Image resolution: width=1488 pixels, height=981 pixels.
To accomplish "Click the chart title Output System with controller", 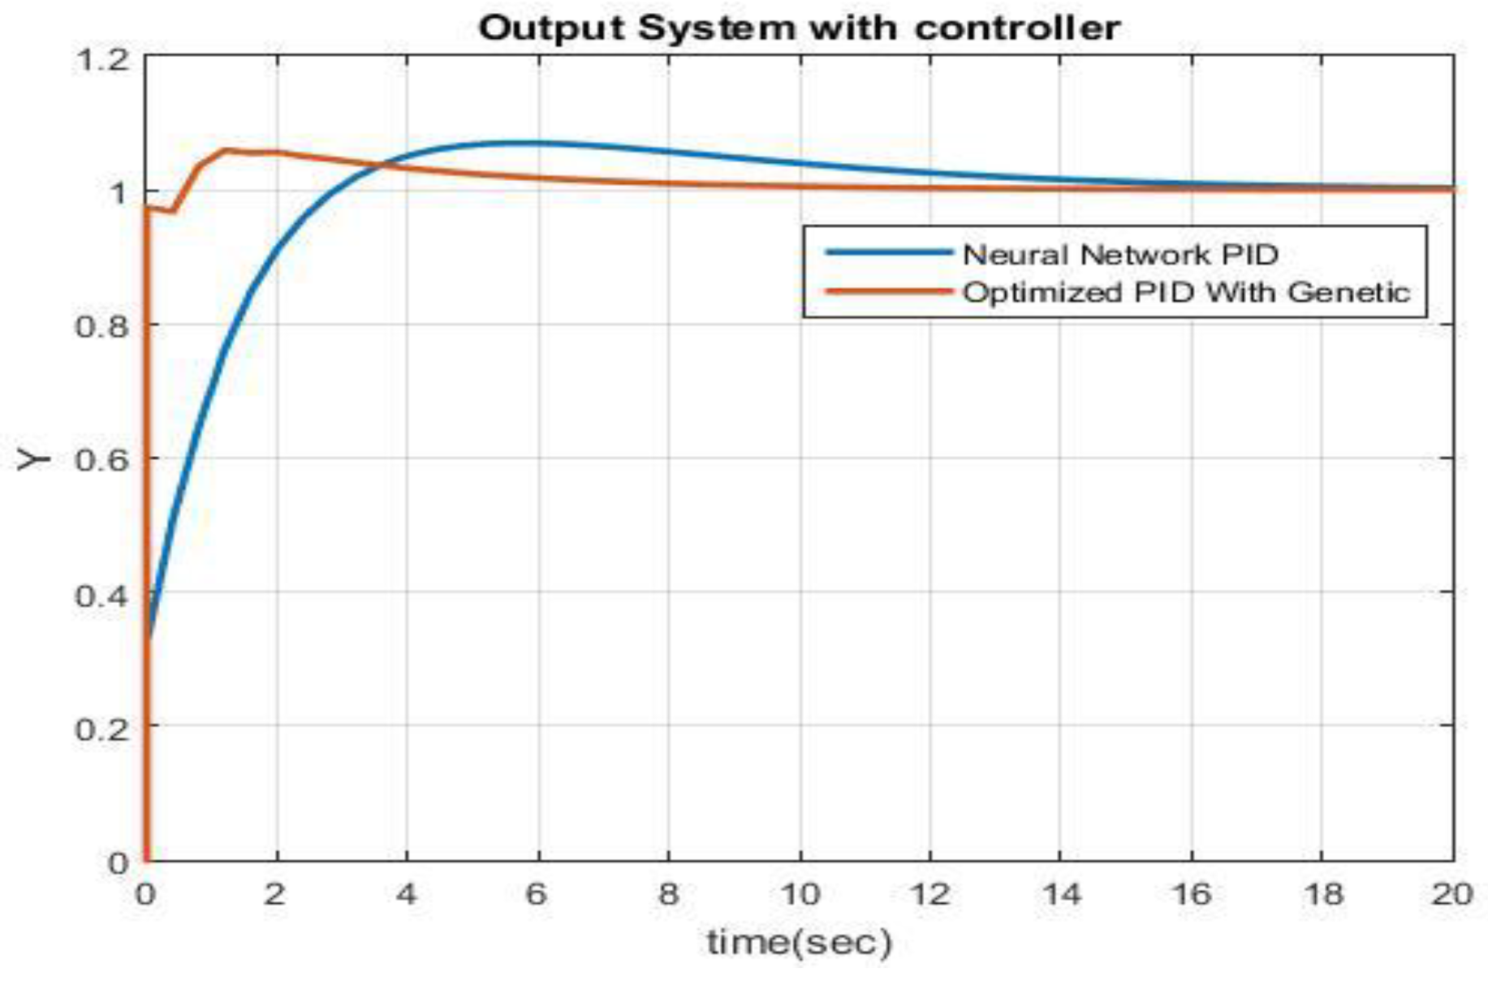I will (x=799, y=28).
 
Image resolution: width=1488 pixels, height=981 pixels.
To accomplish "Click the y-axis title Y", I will (x=33, y=460).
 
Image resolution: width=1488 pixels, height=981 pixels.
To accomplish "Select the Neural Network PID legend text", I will (x=1120, y=255).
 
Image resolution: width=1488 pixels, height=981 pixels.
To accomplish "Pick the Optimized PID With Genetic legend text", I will (x=1186, y=292).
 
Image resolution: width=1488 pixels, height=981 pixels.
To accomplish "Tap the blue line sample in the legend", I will (x=888, y=252).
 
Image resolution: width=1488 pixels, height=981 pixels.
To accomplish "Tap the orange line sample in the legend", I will (x=888, y=290).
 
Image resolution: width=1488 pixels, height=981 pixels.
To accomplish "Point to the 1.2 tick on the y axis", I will (x=101, y=59).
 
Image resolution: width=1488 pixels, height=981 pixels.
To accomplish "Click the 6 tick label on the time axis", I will (x=537, y=895).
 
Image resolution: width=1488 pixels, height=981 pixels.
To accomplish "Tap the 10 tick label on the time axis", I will (x=800, y=895).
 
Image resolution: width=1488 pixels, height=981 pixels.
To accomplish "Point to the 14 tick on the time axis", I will (x=1061, y=895).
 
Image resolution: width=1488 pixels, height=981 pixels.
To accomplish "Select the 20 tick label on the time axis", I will (x=1451, y=895).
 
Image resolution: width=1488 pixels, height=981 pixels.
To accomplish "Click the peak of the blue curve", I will (x=520, y=143).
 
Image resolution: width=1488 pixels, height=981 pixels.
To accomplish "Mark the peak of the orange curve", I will (x=225, y=150).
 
